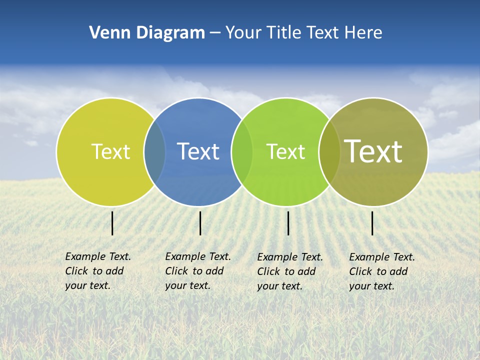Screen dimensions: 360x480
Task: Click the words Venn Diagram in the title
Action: point(147,33)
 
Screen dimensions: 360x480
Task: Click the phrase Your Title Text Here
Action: point(303,33)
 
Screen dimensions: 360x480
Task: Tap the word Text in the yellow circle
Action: point(110,151)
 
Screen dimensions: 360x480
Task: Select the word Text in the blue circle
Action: point(198,151)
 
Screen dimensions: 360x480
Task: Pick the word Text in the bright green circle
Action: point(285,151)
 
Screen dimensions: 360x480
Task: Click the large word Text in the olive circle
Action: point(373,151)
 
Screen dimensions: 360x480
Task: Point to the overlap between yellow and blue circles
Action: point(155,151)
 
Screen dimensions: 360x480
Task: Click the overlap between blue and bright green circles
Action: point(242,151)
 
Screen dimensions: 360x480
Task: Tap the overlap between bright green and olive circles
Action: point(329,151)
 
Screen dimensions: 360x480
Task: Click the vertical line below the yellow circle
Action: point(112,223)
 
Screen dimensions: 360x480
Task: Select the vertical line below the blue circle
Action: point(200,223)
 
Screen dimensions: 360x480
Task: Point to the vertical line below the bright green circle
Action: point(288,223)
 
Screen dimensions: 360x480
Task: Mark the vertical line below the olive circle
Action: point(372,223)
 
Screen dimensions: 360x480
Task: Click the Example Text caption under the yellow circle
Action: point(97,271)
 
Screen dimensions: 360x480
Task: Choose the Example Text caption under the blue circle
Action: point(197,271)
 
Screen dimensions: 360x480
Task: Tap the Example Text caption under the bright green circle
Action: point(290,271)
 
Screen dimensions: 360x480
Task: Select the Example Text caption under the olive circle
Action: point(382,271)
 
